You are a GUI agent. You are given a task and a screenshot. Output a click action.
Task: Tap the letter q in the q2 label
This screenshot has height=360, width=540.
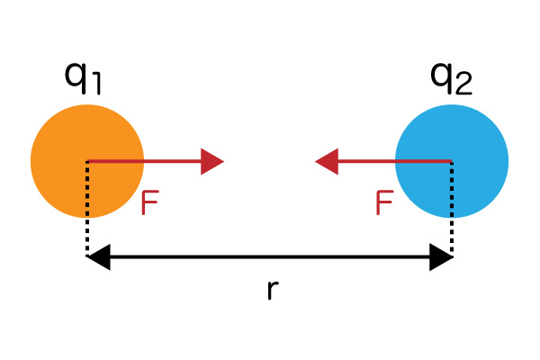point(442,78)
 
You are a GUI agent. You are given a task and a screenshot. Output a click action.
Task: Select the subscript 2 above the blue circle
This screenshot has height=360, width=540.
point(463,84)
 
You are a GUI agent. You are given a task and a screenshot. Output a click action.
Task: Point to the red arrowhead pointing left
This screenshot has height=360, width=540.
point(327,161)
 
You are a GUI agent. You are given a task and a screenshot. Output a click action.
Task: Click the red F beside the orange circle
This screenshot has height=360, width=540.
point(149,202)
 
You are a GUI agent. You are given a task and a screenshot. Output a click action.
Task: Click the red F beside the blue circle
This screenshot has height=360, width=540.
point(384,202)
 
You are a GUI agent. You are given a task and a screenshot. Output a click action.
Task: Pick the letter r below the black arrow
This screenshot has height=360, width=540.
point(273,290)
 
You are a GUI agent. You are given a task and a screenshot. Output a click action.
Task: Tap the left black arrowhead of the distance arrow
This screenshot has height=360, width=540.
point(98,256)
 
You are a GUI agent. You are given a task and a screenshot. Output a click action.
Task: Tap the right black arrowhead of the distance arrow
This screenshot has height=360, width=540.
point(441,256)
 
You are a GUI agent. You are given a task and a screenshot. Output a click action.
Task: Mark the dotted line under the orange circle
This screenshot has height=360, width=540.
point(87,208)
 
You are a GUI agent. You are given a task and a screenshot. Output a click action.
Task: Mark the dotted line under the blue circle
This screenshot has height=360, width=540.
point(452,208)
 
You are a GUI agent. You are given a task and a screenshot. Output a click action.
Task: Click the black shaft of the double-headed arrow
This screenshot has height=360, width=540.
point(270,256)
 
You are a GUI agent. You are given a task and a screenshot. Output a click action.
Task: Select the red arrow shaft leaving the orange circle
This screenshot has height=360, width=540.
point(144,161)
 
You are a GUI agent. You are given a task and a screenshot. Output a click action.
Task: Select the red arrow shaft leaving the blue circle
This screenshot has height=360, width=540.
point(395,161)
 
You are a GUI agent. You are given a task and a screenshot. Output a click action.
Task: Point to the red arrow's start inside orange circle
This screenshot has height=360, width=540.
point(87,161)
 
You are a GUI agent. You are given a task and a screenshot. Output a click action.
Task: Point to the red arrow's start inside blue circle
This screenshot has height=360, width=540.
point(452,161)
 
